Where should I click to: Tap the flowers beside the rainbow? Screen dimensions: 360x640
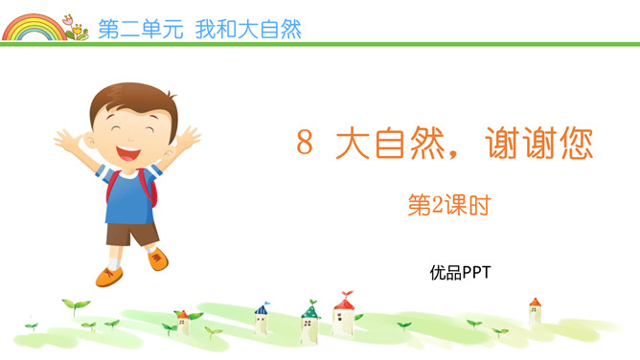pos(74,27)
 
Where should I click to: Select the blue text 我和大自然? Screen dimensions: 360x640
pos(247,29)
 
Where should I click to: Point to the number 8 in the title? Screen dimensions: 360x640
pos(305,145)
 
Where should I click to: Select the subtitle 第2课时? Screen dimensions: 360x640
pos(448,205)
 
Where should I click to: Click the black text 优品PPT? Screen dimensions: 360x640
pos(460,273)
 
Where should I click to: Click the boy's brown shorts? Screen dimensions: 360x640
pos(131,233)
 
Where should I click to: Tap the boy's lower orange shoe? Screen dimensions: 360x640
pos(108,278)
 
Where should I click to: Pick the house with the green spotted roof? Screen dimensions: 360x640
pos(309,322)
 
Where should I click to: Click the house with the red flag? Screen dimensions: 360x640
pos(343,314)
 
